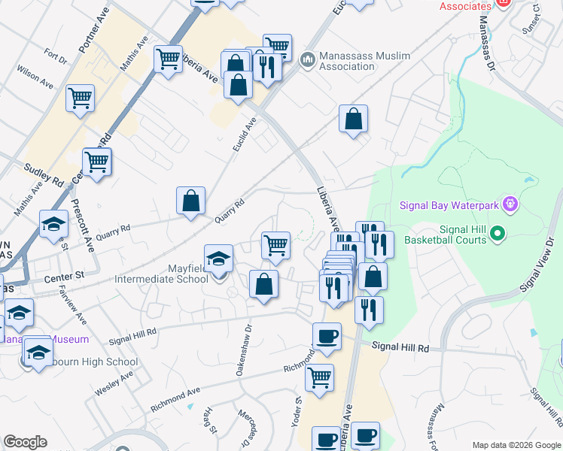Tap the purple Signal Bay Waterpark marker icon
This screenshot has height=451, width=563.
coord(510,204)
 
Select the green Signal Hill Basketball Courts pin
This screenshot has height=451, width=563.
coord(497,235)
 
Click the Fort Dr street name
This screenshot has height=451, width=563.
coord(56,55)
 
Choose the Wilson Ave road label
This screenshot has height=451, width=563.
coord(35,77)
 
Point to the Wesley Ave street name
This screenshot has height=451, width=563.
coord(114,383)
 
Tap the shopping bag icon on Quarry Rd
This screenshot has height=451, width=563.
coord(191,201)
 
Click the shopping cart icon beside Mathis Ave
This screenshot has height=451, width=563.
coord(168,58)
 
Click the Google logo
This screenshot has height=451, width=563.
coord(25,442)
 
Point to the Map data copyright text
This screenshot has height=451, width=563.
coord(516,445)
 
